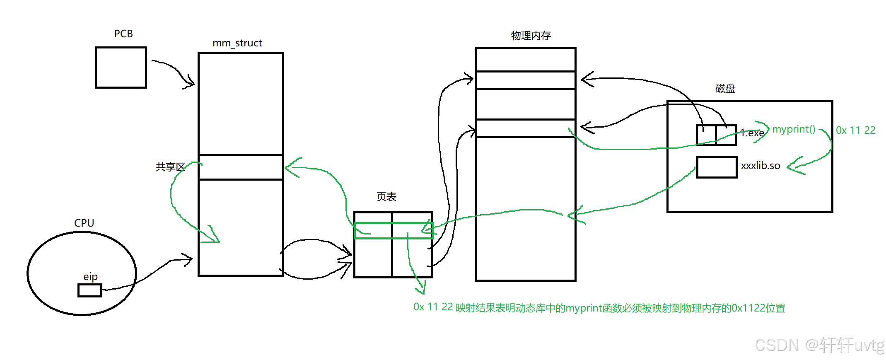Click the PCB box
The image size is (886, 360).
tap(121, 67)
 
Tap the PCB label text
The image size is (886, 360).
tap(123, 34)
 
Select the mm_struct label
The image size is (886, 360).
tap(237, 43)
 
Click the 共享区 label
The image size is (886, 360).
tap(170, 167)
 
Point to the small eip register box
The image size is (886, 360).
tap(90, 290)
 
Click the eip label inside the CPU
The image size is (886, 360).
tap(90, 277)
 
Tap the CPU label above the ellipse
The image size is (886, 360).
tap(84, 223)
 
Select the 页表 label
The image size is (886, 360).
tap(386, 197)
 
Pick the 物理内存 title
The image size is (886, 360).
tap(531, 36)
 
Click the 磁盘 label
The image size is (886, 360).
tap(725, 89)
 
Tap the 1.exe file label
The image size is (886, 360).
tap(752, 133)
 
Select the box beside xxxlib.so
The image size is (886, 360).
tap(717, 167)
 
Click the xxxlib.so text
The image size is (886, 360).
tap(760, 166)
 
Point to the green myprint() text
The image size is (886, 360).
tap(794, 129)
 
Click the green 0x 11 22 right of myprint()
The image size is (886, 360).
tap(855, 130)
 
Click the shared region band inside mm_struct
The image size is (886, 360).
tap(241, 167)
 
